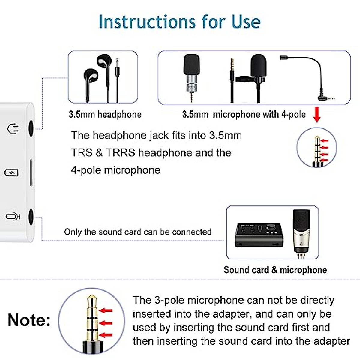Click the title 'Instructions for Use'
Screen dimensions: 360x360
click(x=179, y=22)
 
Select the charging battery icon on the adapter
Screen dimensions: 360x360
click(x=12, y=172)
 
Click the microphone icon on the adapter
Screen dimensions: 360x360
click(x=13, y=216)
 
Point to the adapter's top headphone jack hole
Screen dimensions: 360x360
click(x=31, y=128)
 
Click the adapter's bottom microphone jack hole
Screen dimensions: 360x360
click(x=31, y=216)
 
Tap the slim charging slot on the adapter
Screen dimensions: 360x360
click(x=31, y=172)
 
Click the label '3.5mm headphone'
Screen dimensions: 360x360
click(x=105, y=114)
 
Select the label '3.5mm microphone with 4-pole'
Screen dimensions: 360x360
click(x=244, y=114)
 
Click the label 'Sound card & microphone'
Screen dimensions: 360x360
click(x=275, y=270)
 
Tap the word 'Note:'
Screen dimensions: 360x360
click(x=29, y=320)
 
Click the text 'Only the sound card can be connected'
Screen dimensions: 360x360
click(x=137, y=232)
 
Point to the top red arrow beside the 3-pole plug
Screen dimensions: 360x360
click(x=106, y=310)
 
